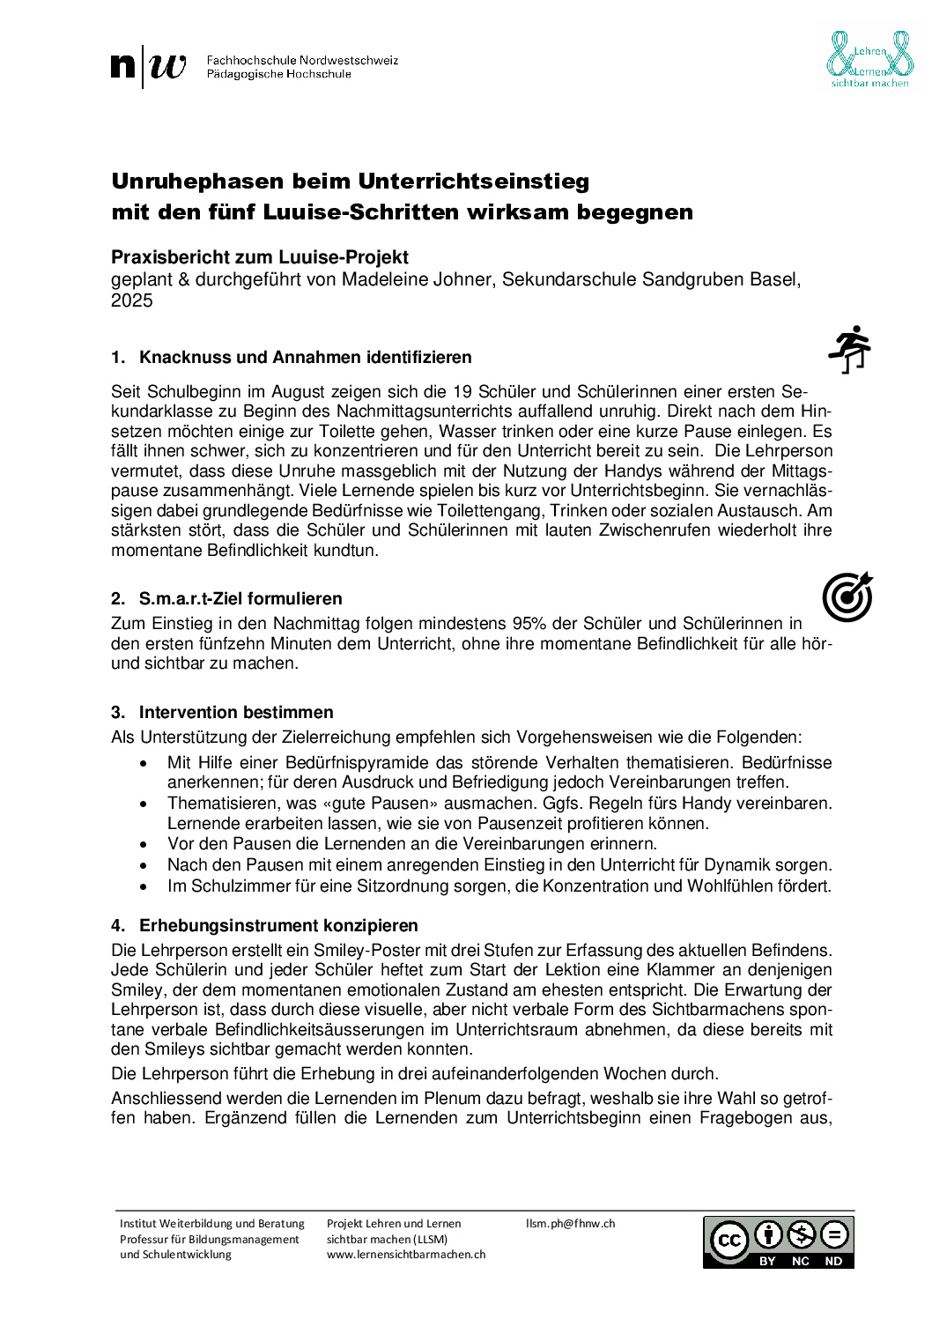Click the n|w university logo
pos(149,67)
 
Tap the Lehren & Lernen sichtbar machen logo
pos(869,59)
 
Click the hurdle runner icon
pos(849,349)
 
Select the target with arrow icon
pos(847,597)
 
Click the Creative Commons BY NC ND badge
pos(778,1241)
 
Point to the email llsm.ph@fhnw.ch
pos(570,1223)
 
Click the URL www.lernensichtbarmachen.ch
pos(406,1254)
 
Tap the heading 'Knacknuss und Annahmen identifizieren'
pos(305,357)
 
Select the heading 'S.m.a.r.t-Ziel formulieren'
pos(240,598)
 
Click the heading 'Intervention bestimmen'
pos(236,712)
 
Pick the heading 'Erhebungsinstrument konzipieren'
pos(278,925)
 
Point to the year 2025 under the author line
pos(132,300)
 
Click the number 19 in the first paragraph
pos(462,391)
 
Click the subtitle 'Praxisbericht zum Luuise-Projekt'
pos(260,257)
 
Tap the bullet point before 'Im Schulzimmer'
pos(144,886)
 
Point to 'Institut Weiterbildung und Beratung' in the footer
pos(212,1223)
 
